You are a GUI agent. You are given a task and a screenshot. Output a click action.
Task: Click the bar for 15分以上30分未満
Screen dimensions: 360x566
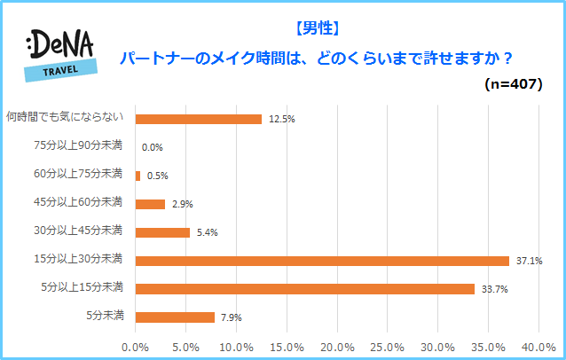coord(322,261)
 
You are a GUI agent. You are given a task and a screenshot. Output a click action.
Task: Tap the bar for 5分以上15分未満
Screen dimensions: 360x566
coord(305,289)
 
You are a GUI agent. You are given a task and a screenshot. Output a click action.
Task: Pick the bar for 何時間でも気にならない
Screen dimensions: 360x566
coord(198,119)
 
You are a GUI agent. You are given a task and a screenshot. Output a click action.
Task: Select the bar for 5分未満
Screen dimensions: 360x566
coord(175,317)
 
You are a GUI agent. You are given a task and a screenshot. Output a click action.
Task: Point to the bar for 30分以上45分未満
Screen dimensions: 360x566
coord(162,232)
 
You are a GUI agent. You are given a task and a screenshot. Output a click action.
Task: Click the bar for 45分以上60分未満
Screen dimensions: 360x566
coord(150,204)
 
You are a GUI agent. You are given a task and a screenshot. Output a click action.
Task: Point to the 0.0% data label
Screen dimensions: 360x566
coord(152,148)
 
